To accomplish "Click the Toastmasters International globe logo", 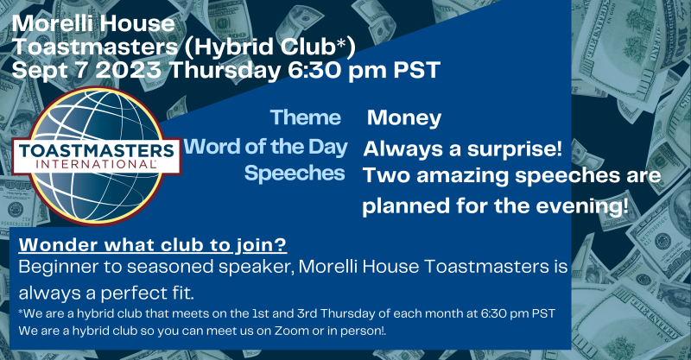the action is coord(96,156).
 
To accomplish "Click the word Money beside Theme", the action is coord(404,117).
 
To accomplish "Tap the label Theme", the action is coord(306,117).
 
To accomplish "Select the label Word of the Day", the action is coord(266,147).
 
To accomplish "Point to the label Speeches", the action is coord(295,174).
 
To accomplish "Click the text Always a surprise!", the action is coord(463,149).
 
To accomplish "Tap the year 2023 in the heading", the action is coord(128,70).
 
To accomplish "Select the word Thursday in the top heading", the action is coord(225,71).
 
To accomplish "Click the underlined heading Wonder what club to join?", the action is coord(153,245).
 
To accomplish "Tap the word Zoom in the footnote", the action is coord(292,331).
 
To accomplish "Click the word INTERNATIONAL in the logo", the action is coord(96,165).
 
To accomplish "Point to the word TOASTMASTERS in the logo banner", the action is coord(97,151).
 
